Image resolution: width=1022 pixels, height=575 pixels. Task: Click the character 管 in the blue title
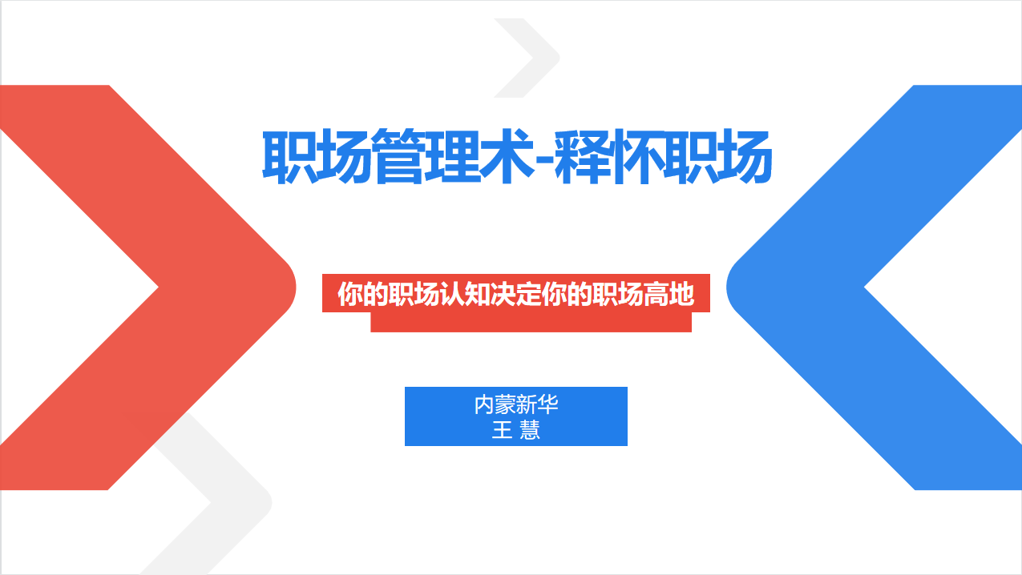(x=398, y=156)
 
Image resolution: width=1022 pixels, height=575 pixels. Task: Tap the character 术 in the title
(x=507, y=156)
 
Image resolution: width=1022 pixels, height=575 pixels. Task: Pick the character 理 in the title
(x=453, y=156)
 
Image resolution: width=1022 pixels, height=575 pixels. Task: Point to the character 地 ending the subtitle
(x=681, y=294)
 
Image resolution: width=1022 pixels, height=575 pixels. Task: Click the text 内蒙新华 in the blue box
(x=516, y=404)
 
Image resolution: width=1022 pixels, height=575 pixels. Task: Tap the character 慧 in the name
(x=530, y=430)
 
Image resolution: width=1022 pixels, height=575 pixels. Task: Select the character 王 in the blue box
(x=502, y=430)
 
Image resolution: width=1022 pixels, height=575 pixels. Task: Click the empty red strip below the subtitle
(x=531, y=323)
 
